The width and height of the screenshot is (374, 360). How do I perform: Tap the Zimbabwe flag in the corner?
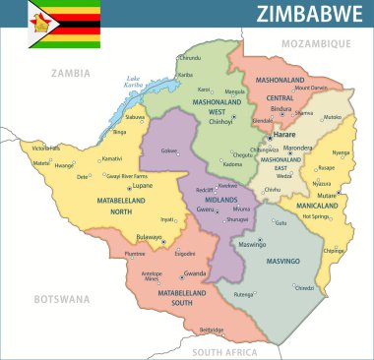coord(64,24)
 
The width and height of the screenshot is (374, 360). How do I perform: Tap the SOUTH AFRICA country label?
coord(224,351)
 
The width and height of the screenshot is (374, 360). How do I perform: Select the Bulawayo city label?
coord(150,237)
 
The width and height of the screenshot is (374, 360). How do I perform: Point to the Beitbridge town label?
coord(212,330)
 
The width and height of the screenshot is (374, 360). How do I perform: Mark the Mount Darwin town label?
coord(312,88)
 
